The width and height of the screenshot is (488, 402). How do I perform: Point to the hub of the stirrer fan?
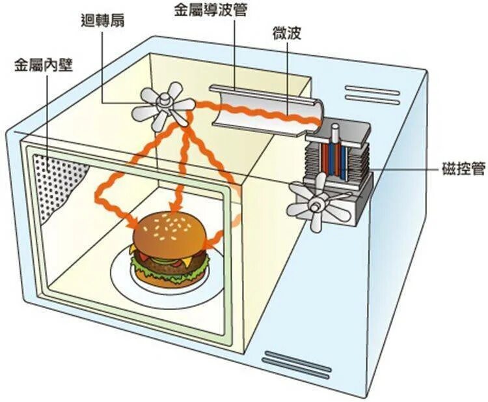[x=164, y=100]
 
